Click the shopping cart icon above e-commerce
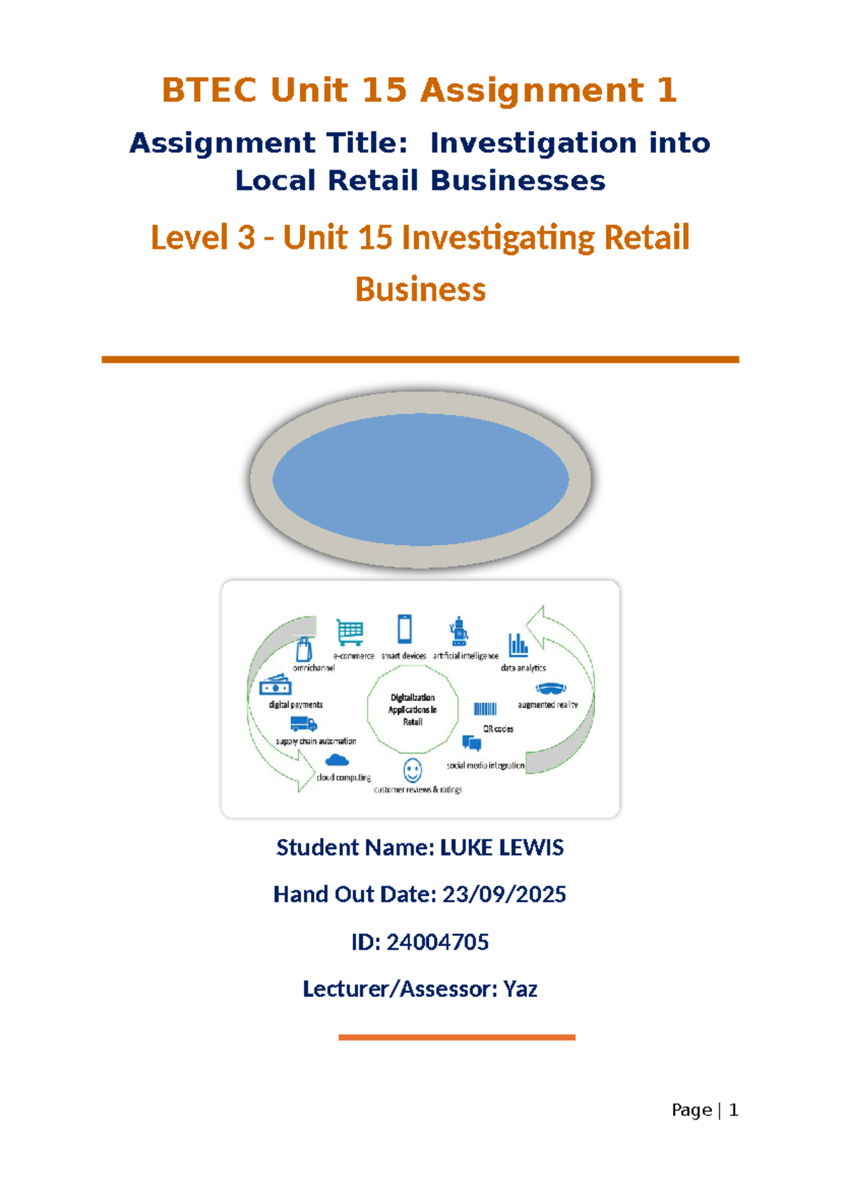tap(350, 632)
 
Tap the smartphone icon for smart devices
tap(404, 629)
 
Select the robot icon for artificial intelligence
tap(458, 631)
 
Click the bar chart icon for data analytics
tap(518, 645)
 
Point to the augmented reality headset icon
tap(551, 688)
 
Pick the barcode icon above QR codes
tap(485, 709)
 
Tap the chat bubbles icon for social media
tap(471, 743)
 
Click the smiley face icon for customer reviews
tap(412, 770)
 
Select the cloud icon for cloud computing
tap(336, 760)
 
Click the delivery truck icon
tap(303, 723)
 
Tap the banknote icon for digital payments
tap(275, 685)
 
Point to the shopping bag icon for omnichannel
tap(304, 648)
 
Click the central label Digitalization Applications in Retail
tap(412, 709)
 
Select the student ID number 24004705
tap(437, 942)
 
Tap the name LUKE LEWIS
tap(502, 848)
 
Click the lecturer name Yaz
tap(520, 989)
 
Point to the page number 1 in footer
tap(733, 1110)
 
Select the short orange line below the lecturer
tap(457, 1037)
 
